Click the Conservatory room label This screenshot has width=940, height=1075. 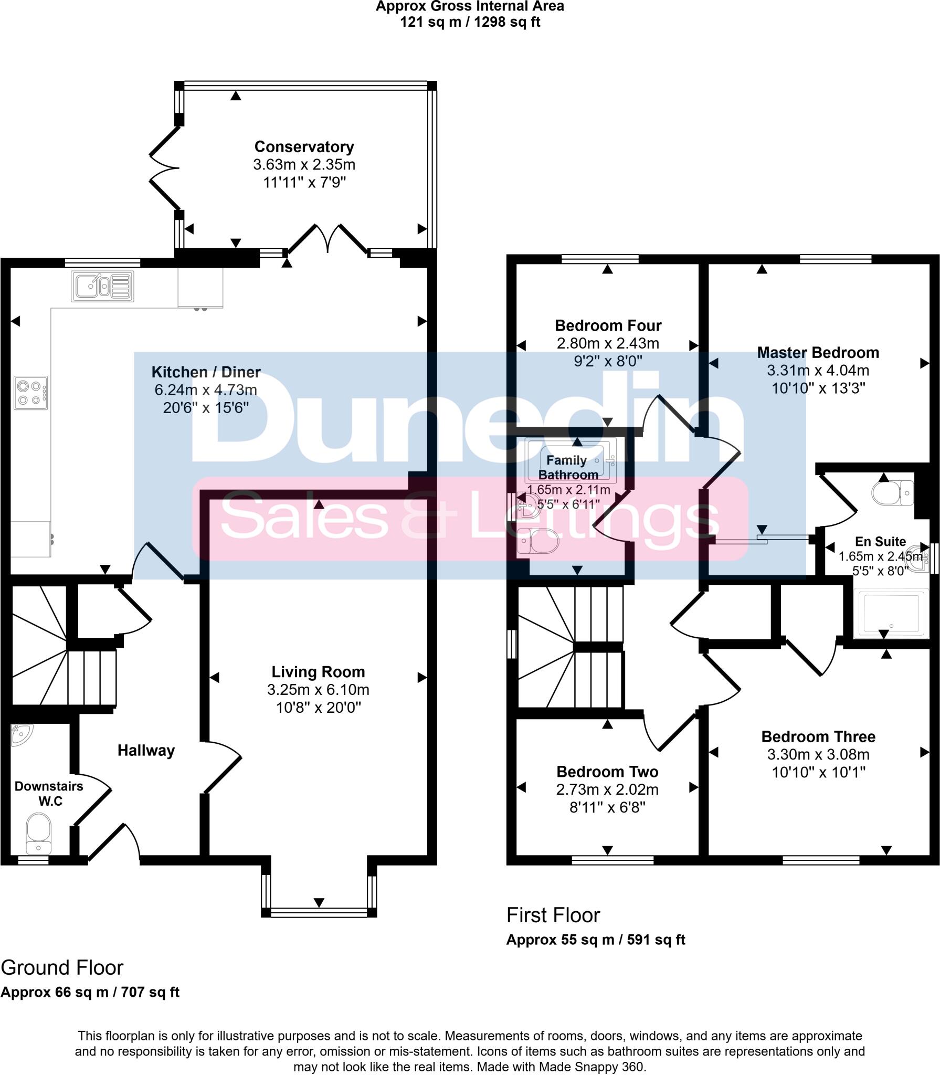tap(304, 147)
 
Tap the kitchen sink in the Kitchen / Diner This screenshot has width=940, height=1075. tap(102, 287)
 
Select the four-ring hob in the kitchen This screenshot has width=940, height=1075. tap(30, 393)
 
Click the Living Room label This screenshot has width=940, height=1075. tap(318, 672)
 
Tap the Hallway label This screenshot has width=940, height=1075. tap(146, 751)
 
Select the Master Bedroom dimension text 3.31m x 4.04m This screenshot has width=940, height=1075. tap(818, 371)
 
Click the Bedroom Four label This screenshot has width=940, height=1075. tap(608, 325)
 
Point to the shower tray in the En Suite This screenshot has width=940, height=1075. tap(890, 613)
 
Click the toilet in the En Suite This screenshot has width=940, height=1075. tap(892, 493)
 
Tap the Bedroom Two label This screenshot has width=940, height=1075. tap(607, 772)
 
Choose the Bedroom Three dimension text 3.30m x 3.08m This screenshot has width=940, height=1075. tap(818, 755)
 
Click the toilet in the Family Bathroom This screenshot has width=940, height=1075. tap(537, 541)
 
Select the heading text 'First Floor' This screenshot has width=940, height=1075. tap(553, 915)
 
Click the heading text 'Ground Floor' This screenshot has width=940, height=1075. tap(62, 968)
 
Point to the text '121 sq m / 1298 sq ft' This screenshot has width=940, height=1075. tap(470, 22)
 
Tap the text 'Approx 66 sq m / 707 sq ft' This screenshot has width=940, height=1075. tap(90, 992)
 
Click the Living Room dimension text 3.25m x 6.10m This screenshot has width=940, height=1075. tap(318, 690)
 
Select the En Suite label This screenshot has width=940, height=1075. tap(880, 542)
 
